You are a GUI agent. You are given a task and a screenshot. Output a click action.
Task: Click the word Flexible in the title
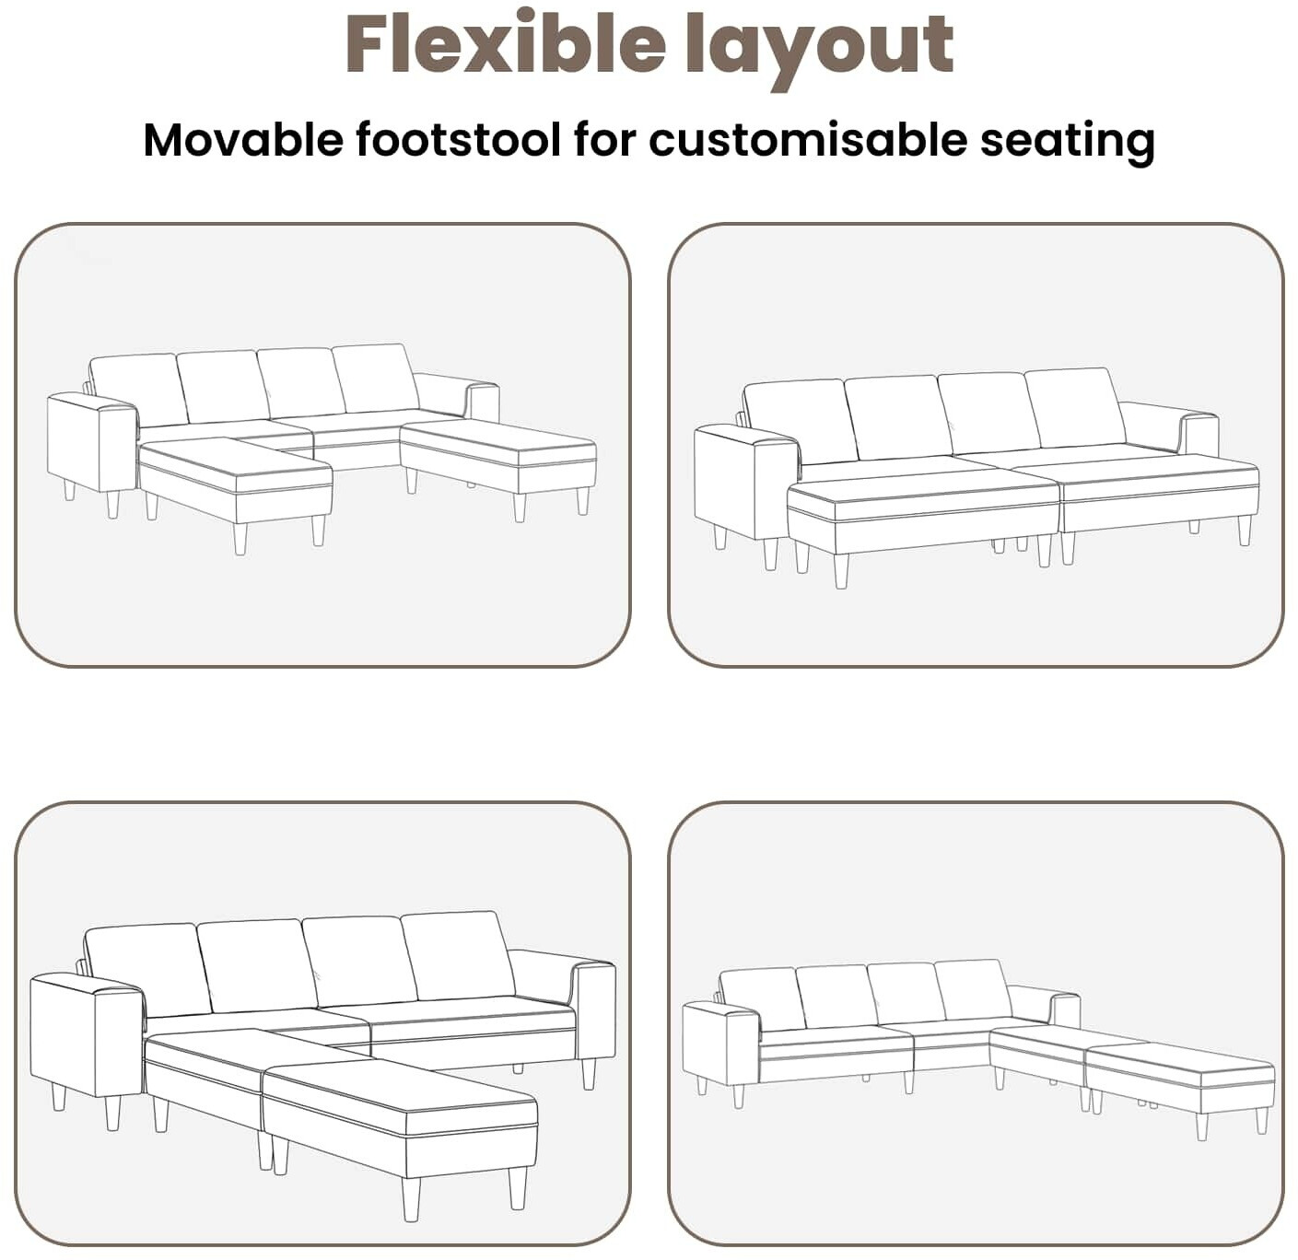tap(506, 43)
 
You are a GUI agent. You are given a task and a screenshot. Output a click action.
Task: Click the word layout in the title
tap(820, 50)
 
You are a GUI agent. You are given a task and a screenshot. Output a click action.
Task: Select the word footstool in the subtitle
tap(458, 140)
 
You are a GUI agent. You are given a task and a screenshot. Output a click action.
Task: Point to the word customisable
tap(808, 140)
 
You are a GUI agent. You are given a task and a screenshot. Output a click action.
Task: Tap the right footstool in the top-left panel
tap(497, 461)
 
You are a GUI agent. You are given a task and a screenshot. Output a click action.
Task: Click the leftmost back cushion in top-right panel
tap(799, 422)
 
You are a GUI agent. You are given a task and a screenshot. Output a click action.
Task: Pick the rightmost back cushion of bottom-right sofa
tap(973, 990)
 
